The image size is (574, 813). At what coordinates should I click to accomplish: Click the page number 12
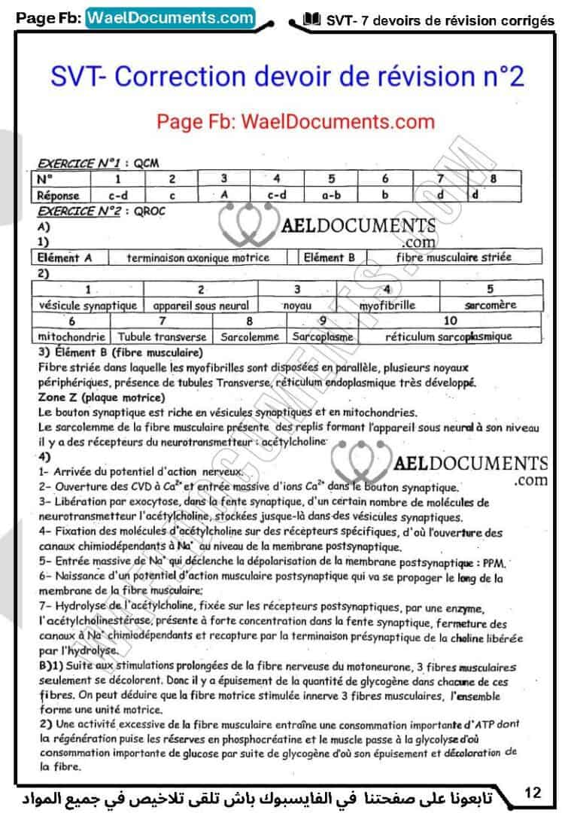pos(533,793)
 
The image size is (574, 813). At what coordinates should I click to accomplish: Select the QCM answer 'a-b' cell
pos(331,195)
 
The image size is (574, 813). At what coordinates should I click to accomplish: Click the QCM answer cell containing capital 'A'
pos(224,195)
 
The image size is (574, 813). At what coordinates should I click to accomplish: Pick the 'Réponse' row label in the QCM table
pos(59,195)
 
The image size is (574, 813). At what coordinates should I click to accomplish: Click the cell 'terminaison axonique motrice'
pos(198,257)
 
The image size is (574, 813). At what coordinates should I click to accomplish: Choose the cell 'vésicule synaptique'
pos(88,306)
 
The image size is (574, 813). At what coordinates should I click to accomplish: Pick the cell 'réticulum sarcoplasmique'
pos(448,336)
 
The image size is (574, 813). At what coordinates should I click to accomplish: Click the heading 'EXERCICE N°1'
pos(79,163)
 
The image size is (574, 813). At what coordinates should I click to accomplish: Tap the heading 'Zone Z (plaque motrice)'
pos(102,397)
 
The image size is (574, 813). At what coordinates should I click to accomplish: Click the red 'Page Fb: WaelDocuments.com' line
pos(296,121)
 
